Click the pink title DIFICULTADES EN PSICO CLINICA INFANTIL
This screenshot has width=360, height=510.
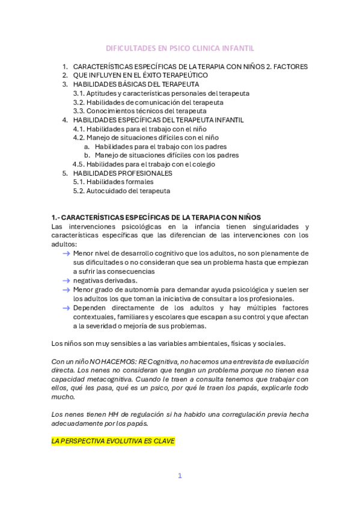tap(180, 48)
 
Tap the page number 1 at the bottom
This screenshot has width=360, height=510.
tap(179, 476)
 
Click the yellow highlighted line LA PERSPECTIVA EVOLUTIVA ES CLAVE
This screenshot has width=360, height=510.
tap(113, 441)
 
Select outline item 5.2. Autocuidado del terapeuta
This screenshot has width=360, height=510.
tap(121, 191)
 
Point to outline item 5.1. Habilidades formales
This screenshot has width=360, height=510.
tap(113, 182)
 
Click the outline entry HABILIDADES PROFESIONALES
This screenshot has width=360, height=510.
tap(123, 173)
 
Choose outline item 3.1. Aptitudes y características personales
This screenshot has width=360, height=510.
tap(161, 93)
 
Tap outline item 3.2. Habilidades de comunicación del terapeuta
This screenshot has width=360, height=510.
tap(148, 102)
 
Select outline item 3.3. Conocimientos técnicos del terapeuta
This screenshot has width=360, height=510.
tap(139, 111)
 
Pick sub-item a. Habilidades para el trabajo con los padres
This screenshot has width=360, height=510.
tap(160, 146)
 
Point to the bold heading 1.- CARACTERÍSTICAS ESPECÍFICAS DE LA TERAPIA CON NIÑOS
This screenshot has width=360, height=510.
tap(156, 217)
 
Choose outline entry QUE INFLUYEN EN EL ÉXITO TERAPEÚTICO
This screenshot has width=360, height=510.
tap(140, 75)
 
